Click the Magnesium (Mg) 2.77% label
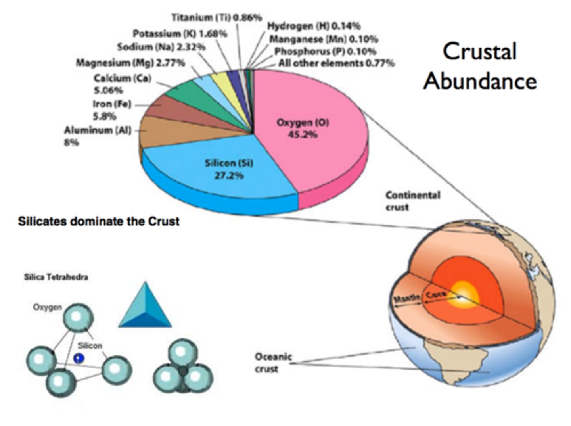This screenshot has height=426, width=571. pos(130,63)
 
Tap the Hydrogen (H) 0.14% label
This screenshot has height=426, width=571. pos(314,26)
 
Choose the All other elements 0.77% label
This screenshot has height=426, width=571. pos(336,63)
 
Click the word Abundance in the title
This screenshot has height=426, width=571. pos(480,81)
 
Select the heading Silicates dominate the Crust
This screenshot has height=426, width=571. pos(98,221)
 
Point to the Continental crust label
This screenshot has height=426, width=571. pos(412,201)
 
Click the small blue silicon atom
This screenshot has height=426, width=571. pos(79,359)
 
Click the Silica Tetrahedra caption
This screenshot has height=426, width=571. pos(56,277)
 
